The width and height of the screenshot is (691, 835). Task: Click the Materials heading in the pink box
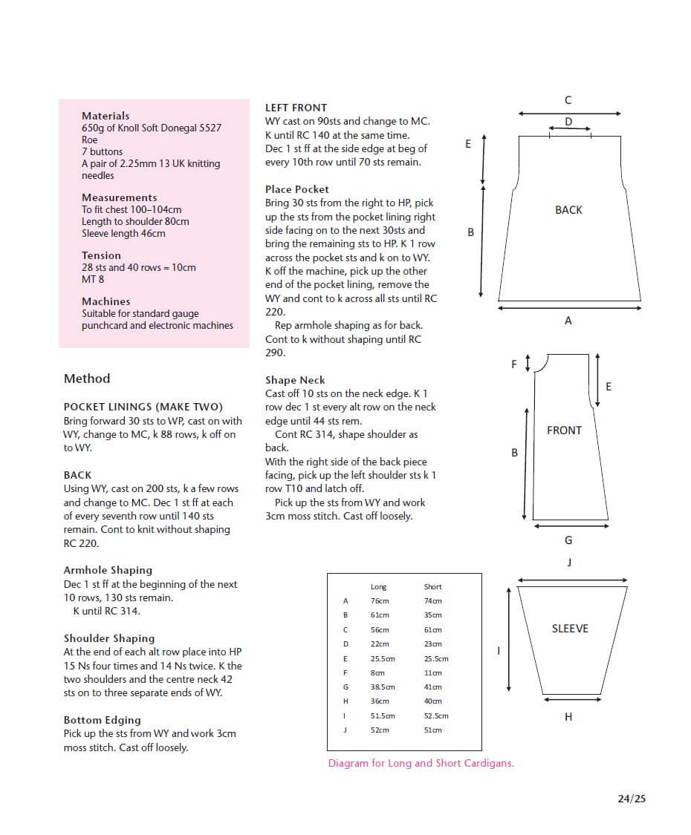coord(106,116)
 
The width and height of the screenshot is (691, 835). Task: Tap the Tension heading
coord(101,255)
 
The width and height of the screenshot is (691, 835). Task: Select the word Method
coord(87,379)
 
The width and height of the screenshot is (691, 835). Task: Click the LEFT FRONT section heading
coord(296,108)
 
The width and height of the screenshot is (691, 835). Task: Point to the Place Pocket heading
coord(296,189)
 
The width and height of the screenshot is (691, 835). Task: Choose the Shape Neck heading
coord(295,380)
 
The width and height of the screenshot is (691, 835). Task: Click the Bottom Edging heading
coord(102,720)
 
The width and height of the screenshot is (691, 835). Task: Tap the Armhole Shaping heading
coord(108,570)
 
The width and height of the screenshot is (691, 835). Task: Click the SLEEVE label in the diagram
coord(570,629)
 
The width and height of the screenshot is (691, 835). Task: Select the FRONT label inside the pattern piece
coord(564,430)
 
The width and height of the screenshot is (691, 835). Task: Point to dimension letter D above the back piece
coord(568,122)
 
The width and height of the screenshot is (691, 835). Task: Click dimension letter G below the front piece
coord(568,540)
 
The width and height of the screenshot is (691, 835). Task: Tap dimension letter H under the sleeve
coord(568,717)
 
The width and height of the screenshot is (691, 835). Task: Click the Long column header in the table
coord(378,587)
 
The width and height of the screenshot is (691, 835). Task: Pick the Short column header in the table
coord(432,587)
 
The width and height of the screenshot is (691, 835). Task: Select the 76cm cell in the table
coord(380,601)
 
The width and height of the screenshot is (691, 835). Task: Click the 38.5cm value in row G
coord(383,687)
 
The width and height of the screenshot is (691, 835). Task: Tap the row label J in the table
coord(345,730)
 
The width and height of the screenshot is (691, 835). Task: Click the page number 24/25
coord(632,799)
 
